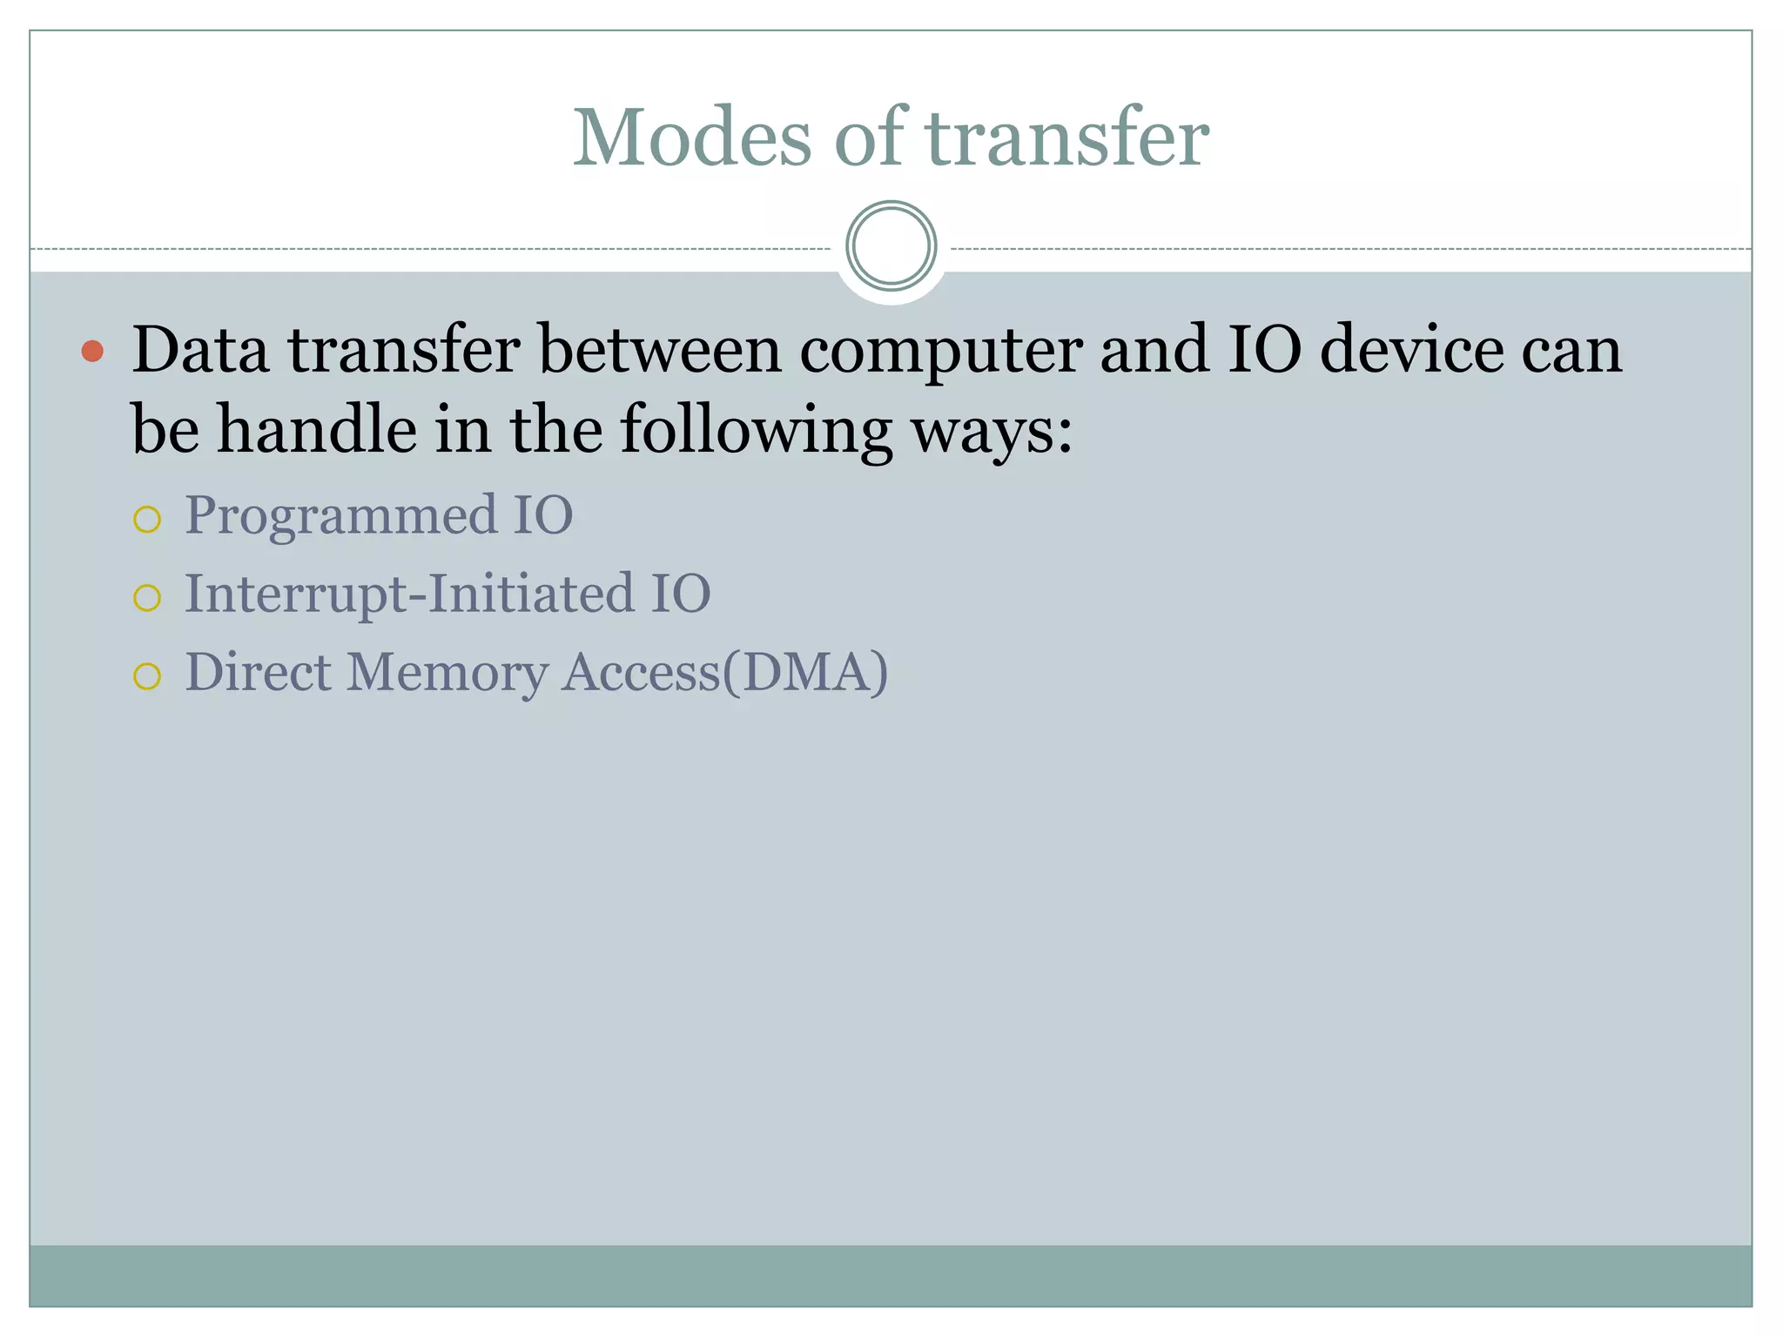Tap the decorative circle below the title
(891, 246)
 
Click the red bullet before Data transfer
(92, 352)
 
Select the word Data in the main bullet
(200, 350)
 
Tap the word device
(1411, 350)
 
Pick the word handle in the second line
(317, 430)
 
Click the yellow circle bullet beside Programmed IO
(147, 520)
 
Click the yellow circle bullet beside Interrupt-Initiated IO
(147, 598)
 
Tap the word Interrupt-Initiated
(410, 595)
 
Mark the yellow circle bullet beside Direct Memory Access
(147, 676)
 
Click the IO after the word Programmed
(542, 515)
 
